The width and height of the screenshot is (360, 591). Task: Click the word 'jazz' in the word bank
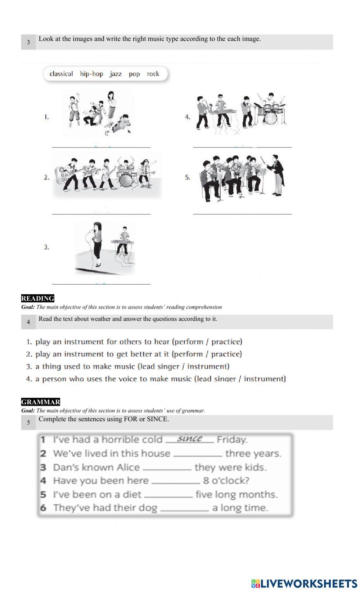[x=116, y=74]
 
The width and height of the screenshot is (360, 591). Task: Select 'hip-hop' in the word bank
[x=91, y=74]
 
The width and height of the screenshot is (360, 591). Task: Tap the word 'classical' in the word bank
[x=61, y=74]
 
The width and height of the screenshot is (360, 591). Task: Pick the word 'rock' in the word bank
[x=153, y=74]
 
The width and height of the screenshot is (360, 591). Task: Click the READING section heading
[x=37, y=298]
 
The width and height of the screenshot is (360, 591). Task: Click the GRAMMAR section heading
[x=40, y=402]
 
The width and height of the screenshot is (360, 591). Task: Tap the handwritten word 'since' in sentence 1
[x=189, y=439]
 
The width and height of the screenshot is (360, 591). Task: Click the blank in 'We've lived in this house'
[x=197, y=454]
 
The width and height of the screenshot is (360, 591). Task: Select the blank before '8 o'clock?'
[x=176, y=481]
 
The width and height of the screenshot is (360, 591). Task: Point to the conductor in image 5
[x=276, y=174]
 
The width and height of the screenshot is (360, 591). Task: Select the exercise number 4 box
[x=28, y=322]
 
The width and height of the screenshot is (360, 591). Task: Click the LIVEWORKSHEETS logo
[x=304, y=583]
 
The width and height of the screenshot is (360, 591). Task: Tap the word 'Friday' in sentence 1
[x=232, y=440]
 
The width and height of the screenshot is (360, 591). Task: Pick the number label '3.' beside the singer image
[x=46, y=247]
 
